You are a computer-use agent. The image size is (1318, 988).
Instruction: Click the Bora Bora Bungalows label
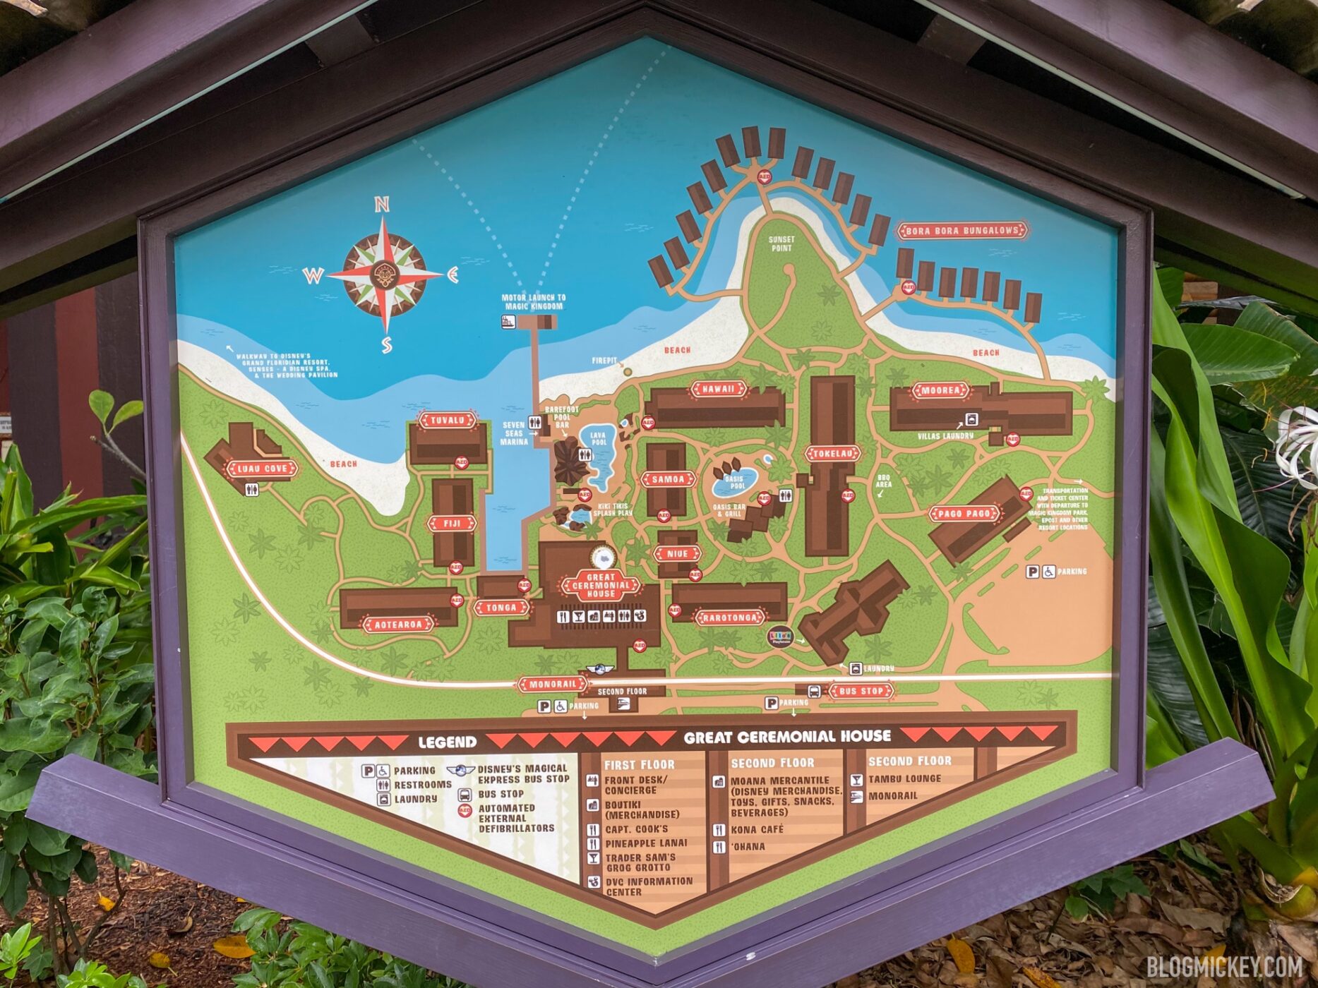(961, 231)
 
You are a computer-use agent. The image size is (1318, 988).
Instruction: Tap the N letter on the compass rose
(382, 205)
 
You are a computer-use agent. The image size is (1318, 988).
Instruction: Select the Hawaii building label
(717, 389)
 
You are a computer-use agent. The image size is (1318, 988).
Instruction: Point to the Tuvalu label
(447, 420)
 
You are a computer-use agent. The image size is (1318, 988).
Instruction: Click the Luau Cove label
(262, 469)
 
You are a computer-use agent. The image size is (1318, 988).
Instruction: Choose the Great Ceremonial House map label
(601, 585)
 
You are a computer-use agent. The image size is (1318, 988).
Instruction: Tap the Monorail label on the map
(553, 684)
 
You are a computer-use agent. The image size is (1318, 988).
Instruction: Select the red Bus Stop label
(861, 691)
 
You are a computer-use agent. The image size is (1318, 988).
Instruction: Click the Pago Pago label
(964, 514)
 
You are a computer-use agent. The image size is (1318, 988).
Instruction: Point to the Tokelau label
(833, 454)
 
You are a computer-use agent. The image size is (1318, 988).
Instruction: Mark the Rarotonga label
(731, 618)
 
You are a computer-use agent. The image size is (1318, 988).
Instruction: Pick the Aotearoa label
(398, 625)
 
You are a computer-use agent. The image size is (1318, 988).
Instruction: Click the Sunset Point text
(781, 243)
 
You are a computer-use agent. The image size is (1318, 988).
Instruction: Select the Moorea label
(940, 390)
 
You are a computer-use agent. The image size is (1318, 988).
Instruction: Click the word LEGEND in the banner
(447, 742)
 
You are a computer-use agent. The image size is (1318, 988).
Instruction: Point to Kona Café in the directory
(757, 830)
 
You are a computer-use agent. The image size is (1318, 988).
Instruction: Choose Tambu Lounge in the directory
(904, 779)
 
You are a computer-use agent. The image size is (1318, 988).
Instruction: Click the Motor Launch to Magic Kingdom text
(533, 302)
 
